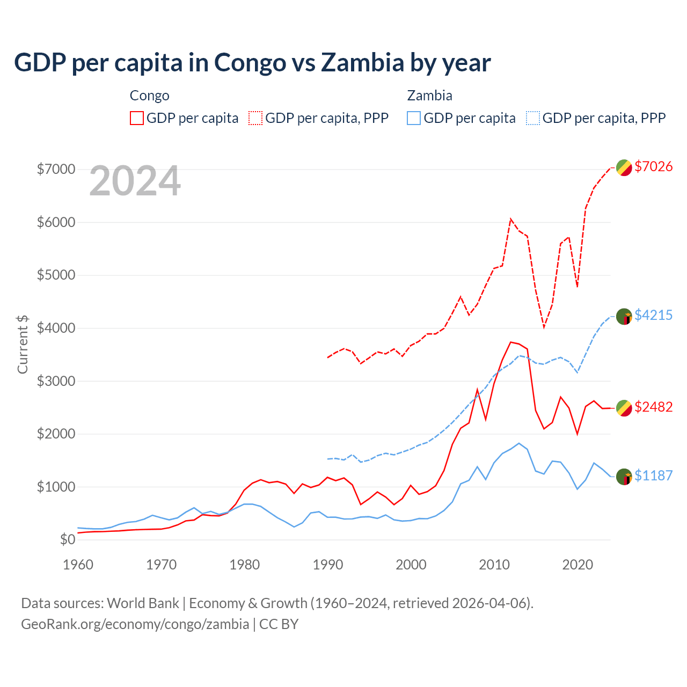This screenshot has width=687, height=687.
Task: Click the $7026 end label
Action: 653,167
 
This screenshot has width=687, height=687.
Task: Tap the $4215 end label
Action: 653,315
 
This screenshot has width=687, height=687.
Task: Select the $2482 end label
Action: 653,407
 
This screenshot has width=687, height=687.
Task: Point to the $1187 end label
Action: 653,476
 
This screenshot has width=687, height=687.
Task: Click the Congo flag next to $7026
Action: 624,167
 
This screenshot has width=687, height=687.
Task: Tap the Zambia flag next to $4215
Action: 624,317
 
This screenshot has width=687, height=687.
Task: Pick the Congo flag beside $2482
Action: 624,408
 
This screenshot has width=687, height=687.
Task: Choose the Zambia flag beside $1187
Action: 624,477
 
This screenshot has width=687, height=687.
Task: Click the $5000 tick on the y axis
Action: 56,275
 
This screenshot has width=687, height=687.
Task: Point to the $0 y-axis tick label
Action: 67,540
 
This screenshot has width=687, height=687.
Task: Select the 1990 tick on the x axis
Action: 328,565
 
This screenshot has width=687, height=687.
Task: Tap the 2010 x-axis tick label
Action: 494,565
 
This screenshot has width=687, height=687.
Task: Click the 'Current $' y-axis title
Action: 23,344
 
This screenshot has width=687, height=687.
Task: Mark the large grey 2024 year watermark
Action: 135,181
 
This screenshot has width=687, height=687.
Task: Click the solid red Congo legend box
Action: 137,118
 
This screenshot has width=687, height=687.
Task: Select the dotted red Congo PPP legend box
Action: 256,118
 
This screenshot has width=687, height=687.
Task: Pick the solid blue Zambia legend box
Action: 414,118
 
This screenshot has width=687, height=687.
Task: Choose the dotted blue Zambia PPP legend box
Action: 533,118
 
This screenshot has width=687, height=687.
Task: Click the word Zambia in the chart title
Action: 362,63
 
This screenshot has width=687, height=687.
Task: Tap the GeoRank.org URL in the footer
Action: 135,624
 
